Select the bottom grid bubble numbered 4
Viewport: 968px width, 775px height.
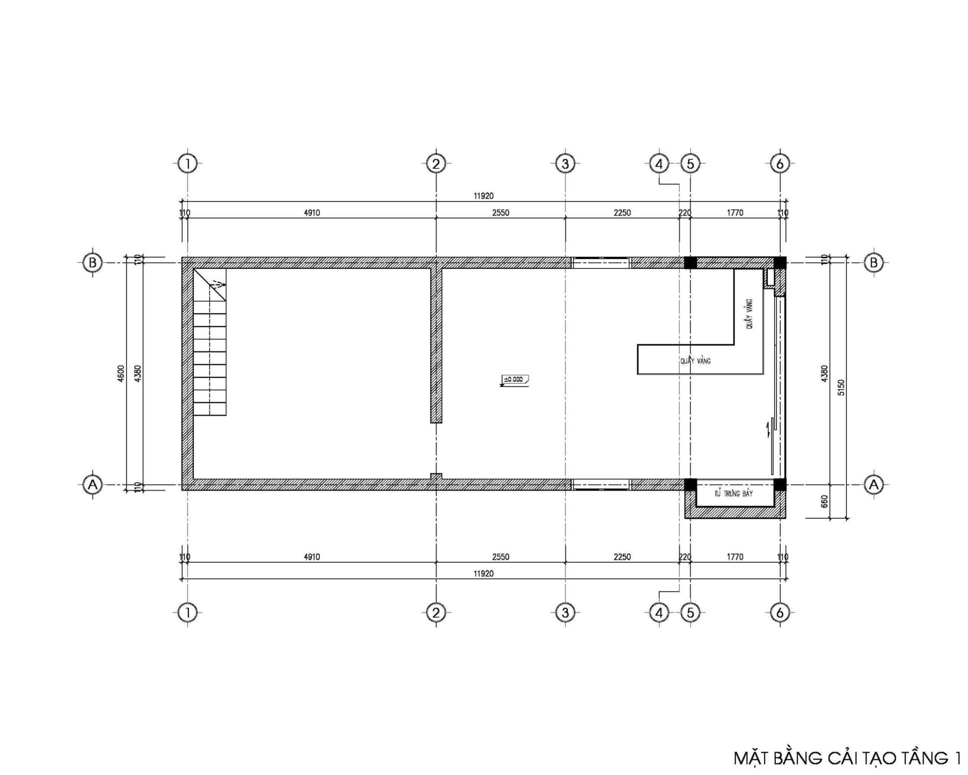pos(659,613)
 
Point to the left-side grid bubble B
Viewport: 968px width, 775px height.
pos(93,262)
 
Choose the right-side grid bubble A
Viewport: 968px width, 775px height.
pos(874,485)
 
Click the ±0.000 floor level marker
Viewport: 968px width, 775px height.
pos(514,380)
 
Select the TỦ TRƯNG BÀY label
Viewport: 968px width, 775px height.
pos(734,494)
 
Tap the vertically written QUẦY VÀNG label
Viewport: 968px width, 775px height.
pos(749,314)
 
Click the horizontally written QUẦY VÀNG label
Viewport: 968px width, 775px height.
pos(695,361)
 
